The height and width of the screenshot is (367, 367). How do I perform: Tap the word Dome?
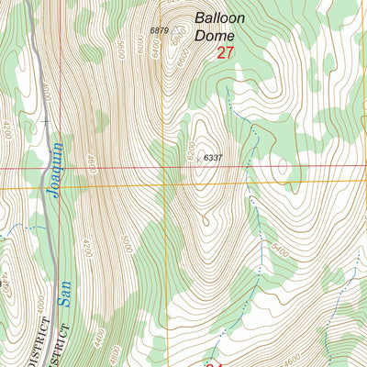[x=215, y=36]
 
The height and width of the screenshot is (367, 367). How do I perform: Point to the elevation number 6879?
[x=160, y=30]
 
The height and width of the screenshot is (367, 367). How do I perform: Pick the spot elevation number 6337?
[x=214, y=158]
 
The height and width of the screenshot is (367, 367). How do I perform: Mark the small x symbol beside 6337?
[x=199, y=157]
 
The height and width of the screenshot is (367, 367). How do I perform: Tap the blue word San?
[x=63, y=291]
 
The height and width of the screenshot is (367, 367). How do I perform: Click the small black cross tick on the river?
[x=43, y=120]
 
